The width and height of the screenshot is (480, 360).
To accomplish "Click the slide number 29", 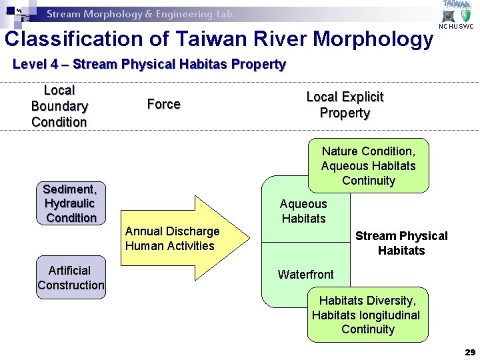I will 469,351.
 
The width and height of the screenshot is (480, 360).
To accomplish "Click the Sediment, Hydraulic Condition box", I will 71,203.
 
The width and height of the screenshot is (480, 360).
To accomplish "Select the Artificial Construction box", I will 71,277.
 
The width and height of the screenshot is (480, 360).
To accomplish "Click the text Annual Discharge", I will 172,231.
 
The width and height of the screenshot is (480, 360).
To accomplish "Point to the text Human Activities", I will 169,246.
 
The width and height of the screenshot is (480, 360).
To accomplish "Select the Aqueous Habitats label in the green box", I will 303,211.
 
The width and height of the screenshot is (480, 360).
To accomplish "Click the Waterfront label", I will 305,275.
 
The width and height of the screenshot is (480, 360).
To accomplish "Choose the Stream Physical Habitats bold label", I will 401,243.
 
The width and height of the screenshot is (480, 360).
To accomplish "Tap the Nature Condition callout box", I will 368,166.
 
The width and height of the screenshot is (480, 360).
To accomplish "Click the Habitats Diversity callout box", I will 367,315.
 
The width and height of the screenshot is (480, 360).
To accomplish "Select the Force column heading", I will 163,104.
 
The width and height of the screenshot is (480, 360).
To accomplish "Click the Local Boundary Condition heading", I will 59,106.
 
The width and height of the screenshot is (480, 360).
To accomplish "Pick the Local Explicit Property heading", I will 345,105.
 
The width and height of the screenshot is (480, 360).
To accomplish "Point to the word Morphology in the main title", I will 373,39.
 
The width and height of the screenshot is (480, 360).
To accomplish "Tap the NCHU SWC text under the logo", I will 456,27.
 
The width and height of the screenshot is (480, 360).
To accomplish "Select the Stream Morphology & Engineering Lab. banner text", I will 141,14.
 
